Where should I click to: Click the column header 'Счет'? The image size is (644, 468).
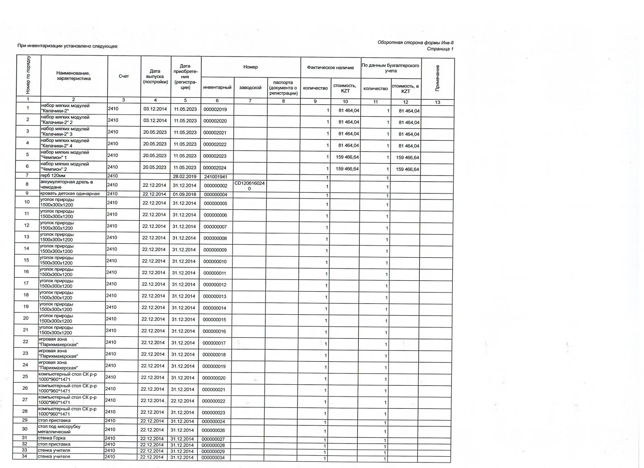pyautogui.click(x=123, y=76)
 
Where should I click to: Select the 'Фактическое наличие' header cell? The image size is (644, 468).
pyautogui.click(x=330, y=67)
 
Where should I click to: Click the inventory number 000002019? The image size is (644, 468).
pyautogui.click(x=215, y=109)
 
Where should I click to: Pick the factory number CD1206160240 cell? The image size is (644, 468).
pyautogui.click(x=250, y=185)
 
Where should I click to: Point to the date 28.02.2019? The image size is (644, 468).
pyautogui.click(x=185, y=176)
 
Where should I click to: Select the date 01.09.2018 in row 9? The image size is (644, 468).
pyautogui.click(x=185, y=194)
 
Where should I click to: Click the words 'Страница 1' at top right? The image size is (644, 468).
pyautogui.click(x=440, y=49)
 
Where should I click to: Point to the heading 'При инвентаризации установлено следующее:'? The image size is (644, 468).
pyautogui.click(x=68, y=46)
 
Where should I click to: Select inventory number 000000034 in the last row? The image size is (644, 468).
pyautogui.click(x=214, y=458)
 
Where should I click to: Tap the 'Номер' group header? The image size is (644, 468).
pyautogui.click(x=250, y=67)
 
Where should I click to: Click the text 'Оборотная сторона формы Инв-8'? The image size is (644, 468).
pyautogui.click(x=415, y=43)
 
